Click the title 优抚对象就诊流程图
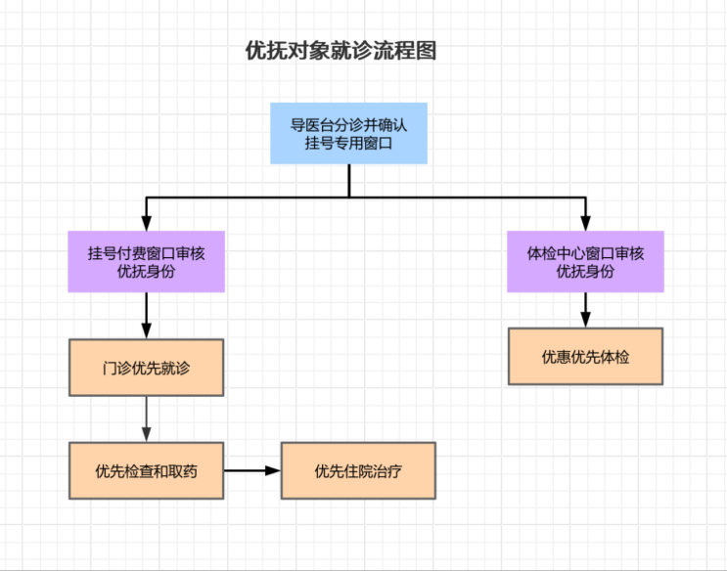[x=341, y=52]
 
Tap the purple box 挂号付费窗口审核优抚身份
[x=146, y=261]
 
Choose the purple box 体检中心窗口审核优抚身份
[x=585, y=261]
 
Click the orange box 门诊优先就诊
[x=146, y=368]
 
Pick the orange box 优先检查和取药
[x=146, y=470]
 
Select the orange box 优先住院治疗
[x=358, y=470]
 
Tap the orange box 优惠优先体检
[x=585, y=356]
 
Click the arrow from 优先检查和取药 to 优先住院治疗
[x=252, y=470]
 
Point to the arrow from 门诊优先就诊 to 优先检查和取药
[x=146, y=418]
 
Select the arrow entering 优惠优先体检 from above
[x=585, y=310]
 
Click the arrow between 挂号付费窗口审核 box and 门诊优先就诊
[x=146, y=315]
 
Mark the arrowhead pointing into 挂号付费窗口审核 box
[x=146, y=224]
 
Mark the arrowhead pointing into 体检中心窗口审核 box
[x=585, y=224]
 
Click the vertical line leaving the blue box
[x=348, y=181]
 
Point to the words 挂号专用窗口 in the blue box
[x=348, y=144]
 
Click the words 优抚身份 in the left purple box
[x=146, y=272]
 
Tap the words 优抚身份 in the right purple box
[x=585, y=272]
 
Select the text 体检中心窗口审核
[x=585, y=252]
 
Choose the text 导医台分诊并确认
[x=348, y=125]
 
